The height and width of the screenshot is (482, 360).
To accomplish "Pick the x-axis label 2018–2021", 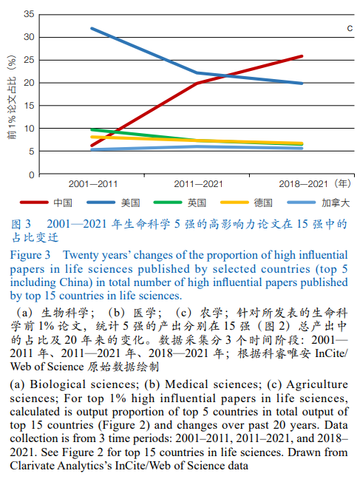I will [x=302, y=183].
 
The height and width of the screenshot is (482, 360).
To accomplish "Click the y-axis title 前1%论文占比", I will [x=11, y=95].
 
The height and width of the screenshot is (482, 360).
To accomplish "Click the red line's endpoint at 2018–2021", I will [x=302, y=56].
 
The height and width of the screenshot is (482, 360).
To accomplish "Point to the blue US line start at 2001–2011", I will [x=91, y=29].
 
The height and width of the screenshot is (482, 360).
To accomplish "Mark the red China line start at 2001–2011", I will [x=91, y=146].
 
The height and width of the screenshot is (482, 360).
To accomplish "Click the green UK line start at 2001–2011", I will [x=91, y=129].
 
